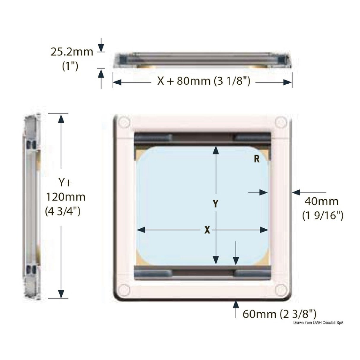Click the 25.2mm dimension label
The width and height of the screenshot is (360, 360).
(71, 52)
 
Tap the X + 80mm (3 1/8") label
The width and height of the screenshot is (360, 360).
(203, 81)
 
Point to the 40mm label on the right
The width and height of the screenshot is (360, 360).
(321, 202)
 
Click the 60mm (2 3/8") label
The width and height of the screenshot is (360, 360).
(279, 314)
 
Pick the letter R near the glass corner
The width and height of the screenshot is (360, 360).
(257, 159)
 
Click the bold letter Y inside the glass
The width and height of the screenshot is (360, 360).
(216, 204)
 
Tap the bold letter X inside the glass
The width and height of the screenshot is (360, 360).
(207, 230)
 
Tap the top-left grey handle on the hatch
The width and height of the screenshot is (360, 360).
(153, 138)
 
